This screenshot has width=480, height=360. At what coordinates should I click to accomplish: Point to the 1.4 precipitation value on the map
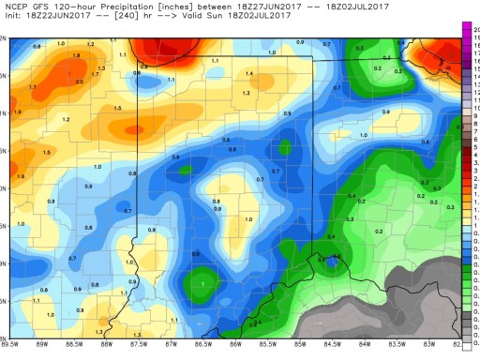coord(249,73)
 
